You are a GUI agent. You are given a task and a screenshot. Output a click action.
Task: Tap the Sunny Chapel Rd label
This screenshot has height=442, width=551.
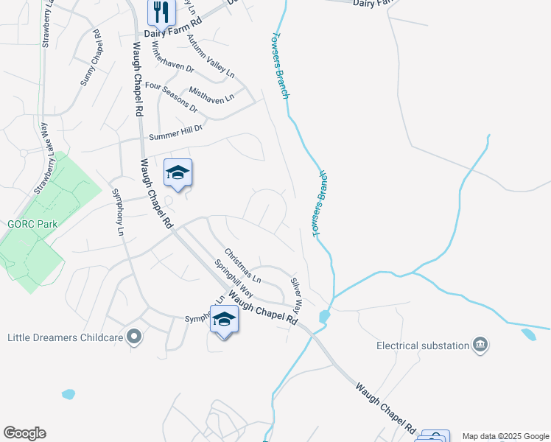click(89, 57)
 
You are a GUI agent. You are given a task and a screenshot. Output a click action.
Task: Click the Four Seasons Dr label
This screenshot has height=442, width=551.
click(172, 97)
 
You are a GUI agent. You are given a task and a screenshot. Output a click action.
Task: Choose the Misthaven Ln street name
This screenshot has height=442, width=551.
click(211, 95)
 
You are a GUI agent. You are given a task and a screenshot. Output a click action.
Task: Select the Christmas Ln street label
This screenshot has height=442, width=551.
click(243, 265)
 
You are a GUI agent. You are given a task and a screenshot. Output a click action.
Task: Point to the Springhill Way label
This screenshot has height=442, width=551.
click(234, 278)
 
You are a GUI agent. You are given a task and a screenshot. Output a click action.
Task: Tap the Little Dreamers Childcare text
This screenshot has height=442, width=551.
click(63, 338)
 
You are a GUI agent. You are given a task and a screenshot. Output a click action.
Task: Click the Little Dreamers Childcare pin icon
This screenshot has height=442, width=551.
click(133, 337)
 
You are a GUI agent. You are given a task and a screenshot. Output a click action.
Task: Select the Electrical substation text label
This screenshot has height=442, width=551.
click(423, 345)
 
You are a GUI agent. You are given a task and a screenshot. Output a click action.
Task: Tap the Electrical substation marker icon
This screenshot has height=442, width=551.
click(480, 345)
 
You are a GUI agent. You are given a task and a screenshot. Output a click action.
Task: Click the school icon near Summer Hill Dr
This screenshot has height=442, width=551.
click(178, 173)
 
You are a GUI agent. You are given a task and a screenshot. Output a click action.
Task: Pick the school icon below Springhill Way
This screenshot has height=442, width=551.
click(224, 320)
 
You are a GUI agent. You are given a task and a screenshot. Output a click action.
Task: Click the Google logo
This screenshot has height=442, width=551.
click(24, 433)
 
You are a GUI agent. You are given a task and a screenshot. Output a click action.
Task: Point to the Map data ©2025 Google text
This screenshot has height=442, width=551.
click(505, 436)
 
